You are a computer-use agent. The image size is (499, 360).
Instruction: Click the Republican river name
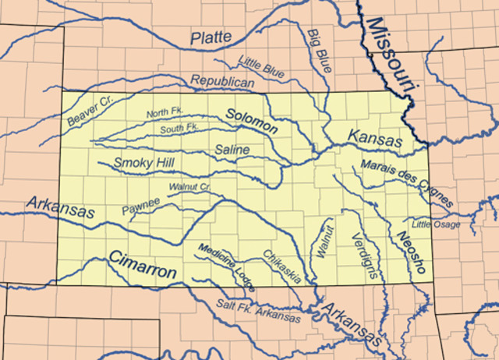(222, 82)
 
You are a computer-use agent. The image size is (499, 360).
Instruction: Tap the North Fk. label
(164, 115)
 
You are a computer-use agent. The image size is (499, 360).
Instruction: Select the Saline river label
(232, 148)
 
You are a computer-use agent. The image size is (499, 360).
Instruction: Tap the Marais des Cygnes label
(406, 183)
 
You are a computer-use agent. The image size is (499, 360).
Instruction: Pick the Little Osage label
(436, 224)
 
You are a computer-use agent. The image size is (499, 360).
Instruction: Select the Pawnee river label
(140, 206)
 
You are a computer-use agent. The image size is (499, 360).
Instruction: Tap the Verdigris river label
(364, 255)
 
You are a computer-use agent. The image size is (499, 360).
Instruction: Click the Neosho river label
(409, 252)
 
